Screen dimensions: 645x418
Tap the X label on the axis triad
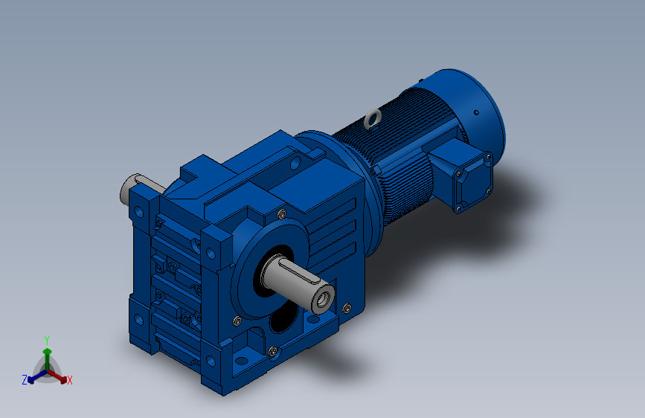(x=69, y=380)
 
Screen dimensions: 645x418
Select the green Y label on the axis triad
(x=47, y=340)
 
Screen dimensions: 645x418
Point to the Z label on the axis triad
(x=25, y=380)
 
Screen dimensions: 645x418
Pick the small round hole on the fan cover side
(x=476, y=112)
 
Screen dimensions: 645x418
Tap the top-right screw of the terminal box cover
(x=488, y=157)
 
